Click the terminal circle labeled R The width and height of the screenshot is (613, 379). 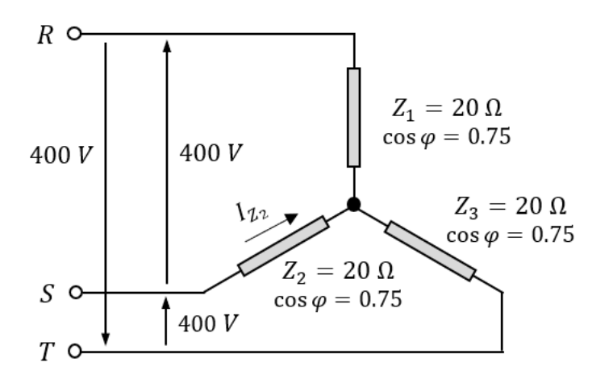(74, 34)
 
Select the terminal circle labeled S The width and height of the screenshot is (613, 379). (76, 292)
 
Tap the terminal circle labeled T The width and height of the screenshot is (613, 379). (75, 352)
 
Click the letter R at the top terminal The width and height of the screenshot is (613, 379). (45, 35)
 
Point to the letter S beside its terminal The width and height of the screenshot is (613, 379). (47, 294)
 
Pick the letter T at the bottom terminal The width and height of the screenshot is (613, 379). (46, 352)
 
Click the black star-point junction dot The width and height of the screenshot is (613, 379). (354, 204)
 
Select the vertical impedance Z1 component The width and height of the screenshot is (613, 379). (354, 118)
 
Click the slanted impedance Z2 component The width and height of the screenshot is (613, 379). (283, 246)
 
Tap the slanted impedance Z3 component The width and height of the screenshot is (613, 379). (431, 251)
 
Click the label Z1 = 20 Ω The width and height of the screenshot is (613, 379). (447, 109)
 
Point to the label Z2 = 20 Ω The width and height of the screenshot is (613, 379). (338, 271)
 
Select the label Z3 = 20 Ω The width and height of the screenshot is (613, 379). (511, 206)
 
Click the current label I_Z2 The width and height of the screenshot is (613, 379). (252, 213)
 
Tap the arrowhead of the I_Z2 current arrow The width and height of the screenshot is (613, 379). (292, 219)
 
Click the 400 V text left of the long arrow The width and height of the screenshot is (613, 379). (61, 155)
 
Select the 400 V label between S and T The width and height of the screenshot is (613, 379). (208, 324)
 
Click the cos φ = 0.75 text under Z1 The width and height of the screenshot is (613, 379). (447, 137)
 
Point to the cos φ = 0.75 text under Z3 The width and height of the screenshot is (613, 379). (511, 235)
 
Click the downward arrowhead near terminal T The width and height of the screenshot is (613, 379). (105, 339)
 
